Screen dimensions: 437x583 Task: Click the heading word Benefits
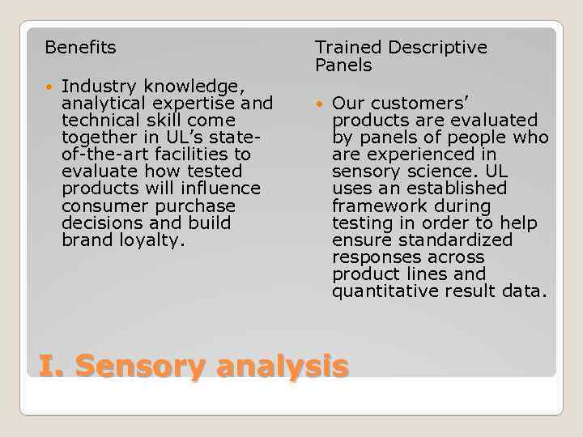coord(80,48)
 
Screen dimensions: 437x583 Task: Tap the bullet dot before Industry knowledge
coord(50,87)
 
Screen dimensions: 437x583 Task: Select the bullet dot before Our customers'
coord(320,104)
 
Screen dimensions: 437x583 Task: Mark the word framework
coord(377,206)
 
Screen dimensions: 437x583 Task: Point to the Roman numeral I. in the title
coord(51,366)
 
